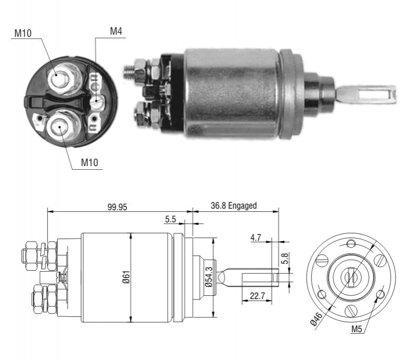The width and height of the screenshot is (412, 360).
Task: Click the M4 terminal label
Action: pyautogui.click(x=116, y=32)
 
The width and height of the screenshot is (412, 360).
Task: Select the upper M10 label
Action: pyautogui.click(x=23, y=33)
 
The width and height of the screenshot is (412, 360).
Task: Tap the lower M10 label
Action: pyautogui.click(x=89, y=163)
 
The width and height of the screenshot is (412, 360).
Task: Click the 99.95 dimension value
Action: pyautogui.click(x=117, y=207)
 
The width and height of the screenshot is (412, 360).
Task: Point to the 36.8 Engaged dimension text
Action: pyautogui.click(x=233, y=205)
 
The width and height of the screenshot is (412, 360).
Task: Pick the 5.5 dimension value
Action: pyautogui.click(x=170, y=219)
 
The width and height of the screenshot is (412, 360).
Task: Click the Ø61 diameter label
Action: pyautogui.click(x=126, y=277)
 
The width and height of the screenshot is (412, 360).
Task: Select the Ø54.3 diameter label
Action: pyautogui.click(x=209, y=277)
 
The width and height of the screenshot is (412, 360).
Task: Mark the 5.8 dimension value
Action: pyautogui.click(x=285, y=259)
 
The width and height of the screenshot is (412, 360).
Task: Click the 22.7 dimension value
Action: pyautogui.click(x=257, y=296)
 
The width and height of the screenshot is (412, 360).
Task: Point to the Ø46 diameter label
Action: pyautogui.click(x=316, y=318)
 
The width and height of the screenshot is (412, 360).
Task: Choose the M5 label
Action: pyautogui.click(x=356, y=329)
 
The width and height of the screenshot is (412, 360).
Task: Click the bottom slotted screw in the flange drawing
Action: pyautogui.click(x=351, y=311)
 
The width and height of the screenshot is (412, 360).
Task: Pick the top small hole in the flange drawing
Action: pyautogui.click(x=351, y=243)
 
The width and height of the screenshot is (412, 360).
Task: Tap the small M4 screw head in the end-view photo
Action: pyautogui.click(x=97, y=102)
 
